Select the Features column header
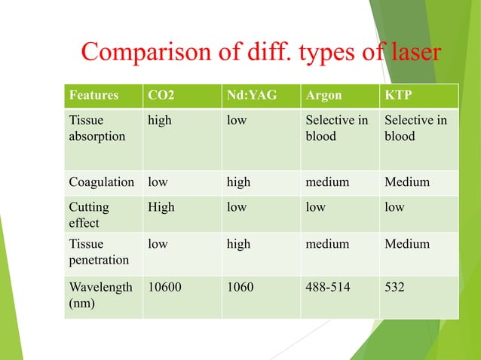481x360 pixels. point(93,96)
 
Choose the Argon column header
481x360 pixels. point(323,96)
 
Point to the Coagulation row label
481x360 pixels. point(101,182)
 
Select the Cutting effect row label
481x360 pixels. point(89,215)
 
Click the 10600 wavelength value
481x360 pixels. point(164,287)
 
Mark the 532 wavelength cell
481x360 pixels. point(394,287)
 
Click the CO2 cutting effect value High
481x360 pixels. point(160,206)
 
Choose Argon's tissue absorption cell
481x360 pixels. point(336,129)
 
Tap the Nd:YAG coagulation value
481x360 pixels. point(239,182)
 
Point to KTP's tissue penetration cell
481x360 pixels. point(407,244)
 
